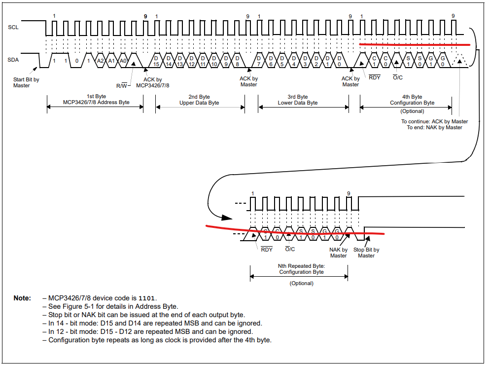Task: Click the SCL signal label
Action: [13, 27]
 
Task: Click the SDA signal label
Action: [13, 60]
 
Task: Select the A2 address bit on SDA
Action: [101, 60]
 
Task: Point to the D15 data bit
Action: [156, 61]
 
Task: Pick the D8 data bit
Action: [237, 61]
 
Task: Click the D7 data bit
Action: [259, 61]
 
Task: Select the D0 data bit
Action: [339, 61]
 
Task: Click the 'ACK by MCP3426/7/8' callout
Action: [152, 82]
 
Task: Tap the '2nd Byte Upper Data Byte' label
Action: [199, 100]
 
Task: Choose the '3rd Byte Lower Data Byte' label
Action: [298, 100]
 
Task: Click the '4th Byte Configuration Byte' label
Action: [412, 100]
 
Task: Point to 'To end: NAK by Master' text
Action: [434, 127]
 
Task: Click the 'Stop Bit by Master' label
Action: [366, 253]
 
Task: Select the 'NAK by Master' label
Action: [338, 253]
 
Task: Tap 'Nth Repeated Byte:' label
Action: [301, 265]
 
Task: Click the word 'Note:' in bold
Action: [22, 298]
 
